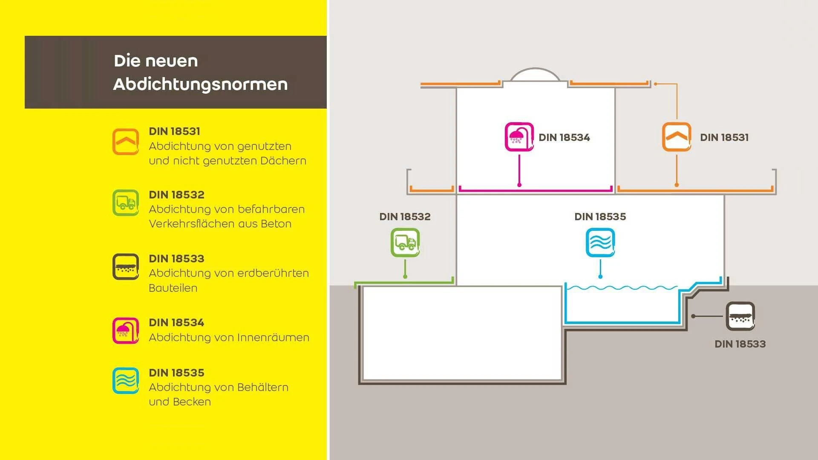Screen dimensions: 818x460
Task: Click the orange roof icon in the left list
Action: [126, 142]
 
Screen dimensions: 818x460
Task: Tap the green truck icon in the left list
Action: [126, 203]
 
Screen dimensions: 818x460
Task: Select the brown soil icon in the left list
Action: [126, 267]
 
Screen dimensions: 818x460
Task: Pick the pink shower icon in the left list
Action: [126, 331]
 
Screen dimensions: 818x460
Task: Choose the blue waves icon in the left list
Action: [126, 381]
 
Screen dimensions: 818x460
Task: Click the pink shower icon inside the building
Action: [519, 137]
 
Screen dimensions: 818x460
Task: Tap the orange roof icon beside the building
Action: [677, 137]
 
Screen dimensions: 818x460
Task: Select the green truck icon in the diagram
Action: [405, 243]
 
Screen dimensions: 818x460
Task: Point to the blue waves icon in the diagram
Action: [600, 243]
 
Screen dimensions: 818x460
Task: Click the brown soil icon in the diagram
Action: [740, 316]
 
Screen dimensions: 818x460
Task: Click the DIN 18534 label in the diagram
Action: [564, 138]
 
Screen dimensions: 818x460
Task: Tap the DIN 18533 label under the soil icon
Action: [740, 344]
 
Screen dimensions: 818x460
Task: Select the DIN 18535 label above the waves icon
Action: [600, 217]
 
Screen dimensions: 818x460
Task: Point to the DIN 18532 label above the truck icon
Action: [405, 217]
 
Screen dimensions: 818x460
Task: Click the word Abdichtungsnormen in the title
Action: [201, 84]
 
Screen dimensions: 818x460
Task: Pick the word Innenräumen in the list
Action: [273, 337]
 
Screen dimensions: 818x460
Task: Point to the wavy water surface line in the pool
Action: [622, 288]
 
